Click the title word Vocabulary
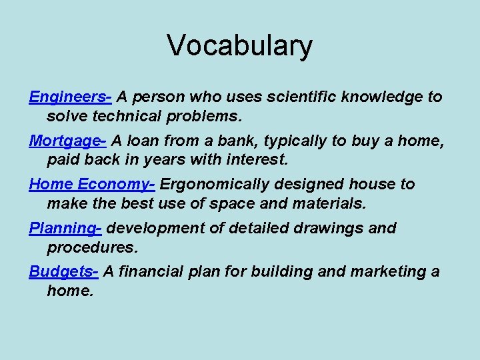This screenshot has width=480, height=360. point(239,46)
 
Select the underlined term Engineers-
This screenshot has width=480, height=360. point(70,97)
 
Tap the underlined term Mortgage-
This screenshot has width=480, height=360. point(67,141)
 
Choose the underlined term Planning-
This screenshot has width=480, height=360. point(65,229)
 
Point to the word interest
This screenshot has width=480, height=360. point(257,160)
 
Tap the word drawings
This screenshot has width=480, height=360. point(329,229)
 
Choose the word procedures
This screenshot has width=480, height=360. point(92,247)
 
